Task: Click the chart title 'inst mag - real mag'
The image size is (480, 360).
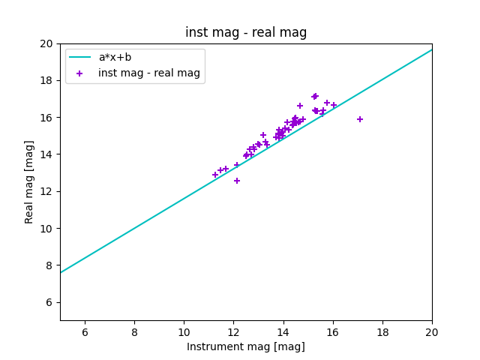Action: tap(246, 32)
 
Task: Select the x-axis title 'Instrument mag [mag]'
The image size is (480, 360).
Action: tap(246, 346)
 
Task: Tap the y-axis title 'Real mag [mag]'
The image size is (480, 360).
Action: tap(29, 181)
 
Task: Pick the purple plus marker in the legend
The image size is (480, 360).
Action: tap(79, 73)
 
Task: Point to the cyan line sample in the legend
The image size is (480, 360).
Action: tap(79, 57)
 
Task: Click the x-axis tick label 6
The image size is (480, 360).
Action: tap(85, 332)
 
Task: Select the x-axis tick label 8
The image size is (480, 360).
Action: tap(134, 332)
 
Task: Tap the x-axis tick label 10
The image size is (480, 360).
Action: tap(184, 332)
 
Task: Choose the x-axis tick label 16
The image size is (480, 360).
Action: tap(333, 332)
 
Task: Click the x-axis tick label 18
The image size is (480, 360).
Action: tap(382, 332)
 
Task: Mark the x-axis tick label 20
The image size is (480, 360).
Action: tap(432, 332)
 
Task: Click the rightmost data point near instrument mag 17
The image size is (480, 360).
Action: tap(360, 119)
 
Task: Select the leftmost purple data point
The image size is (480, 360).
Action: tap(215, 175)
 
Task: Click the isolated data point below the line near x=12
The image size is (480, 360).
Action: tap(237, 181)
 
